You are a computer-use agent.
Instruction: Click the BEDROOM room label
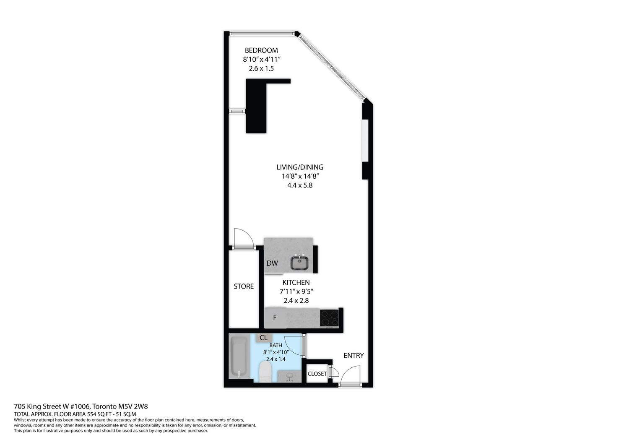(261, 50)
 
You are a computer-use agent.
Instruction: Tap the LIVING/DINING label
(300, 167)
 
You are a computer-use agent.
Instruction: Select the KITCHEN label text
(296, 282)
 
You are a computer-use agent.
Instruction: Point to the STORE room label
(244, 286)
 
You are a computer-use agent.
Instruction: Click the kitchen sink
(300, 263)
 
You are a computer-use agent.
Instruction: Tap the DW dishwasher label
(272, 263)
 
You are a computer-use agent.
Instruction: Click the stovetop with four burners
(329, 318)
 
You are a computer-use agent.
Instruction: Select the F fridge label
(275, 317)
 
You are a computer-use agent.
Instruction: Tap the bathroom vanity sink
(289, 376)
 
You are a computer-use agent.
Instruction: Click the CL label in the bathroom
(263, 338)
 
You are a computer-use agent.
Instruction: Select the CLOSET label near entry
(317, 374)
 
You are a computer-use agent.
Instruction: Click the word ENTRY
(353, 355)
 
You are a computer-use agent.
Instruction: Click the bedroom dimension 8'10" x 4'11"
(262, 59)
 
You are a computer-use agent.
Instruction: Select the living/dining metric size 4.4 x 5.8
(300, 185)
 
